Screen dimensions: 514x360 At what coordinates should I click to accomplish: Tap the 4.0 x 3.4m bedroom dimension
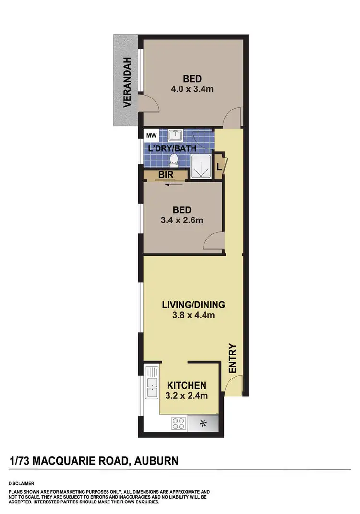click(x=192, y=89)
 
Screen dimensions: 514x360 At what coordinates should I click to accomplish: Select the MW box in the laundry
click(x=150, y=135)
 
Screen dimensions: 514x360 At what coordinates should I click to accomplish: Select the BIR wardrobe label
click(x=166, y=175)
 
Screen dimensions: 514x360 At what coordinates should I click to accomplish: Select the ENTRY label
click(x=233, y=358)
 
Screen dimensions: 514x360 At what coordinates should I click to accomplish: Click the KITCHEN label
click(x=187, y=385)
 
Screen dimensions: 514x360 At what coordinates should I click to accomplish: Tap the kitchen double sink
click(x=152, y=383)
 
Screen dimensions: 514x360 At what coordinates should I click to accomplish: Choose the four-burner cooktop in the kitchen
click(x=179, y=424)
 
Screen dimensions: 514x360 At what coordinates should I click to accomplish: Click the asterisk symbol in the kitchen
click(x=203, y=423)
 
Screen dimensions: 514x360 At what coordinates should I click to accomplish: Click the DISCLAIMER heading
click(x=21, y=483)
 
